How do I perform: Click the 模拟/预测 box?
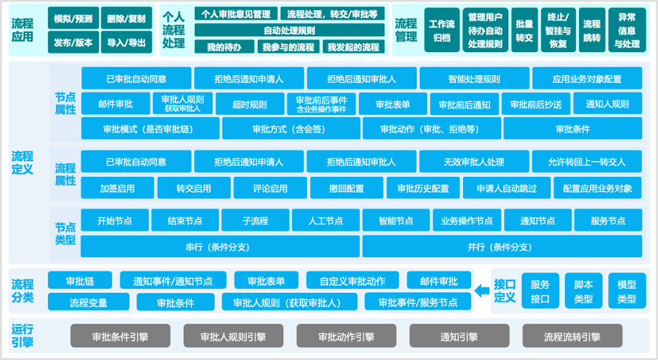click(x=73, y=18)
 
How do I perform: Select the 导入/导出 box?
click(x=126, y=43)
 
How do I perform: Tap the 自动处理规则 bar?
click(x=290, y=30)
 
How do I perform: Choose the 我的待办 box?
click(x=224, y=47)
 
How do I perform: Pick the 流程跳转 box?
click(x=591, y=30)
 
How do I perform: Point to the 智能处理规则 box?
click(x=473, y=79)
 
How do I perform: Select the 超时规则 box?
click(x=249, y=104)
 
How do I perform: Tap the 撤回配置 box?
click(x=347, y=189)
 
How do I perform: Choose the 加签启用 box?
click(x=117, y=189)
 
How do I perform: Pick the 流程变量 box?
click(x=88, y=302)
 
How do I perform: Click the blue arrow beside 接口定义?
click(x=482, y=292)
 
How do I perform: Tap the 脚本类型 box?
click(x=584, y=291)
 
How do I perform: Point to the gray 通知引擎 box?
click(x=460, y=336)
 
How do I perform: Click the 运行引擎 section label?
click(x=23, y=336)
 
